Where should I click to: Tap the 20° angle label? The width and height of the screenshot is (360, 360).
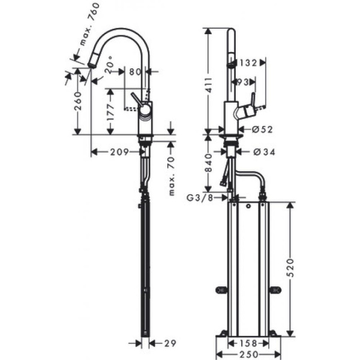pos(109,70)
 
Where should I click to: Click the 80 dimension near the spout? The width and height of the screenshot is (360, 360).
pos(135,71)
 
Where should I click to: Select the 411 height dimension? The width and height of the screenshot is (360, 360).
pos(208,86)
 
